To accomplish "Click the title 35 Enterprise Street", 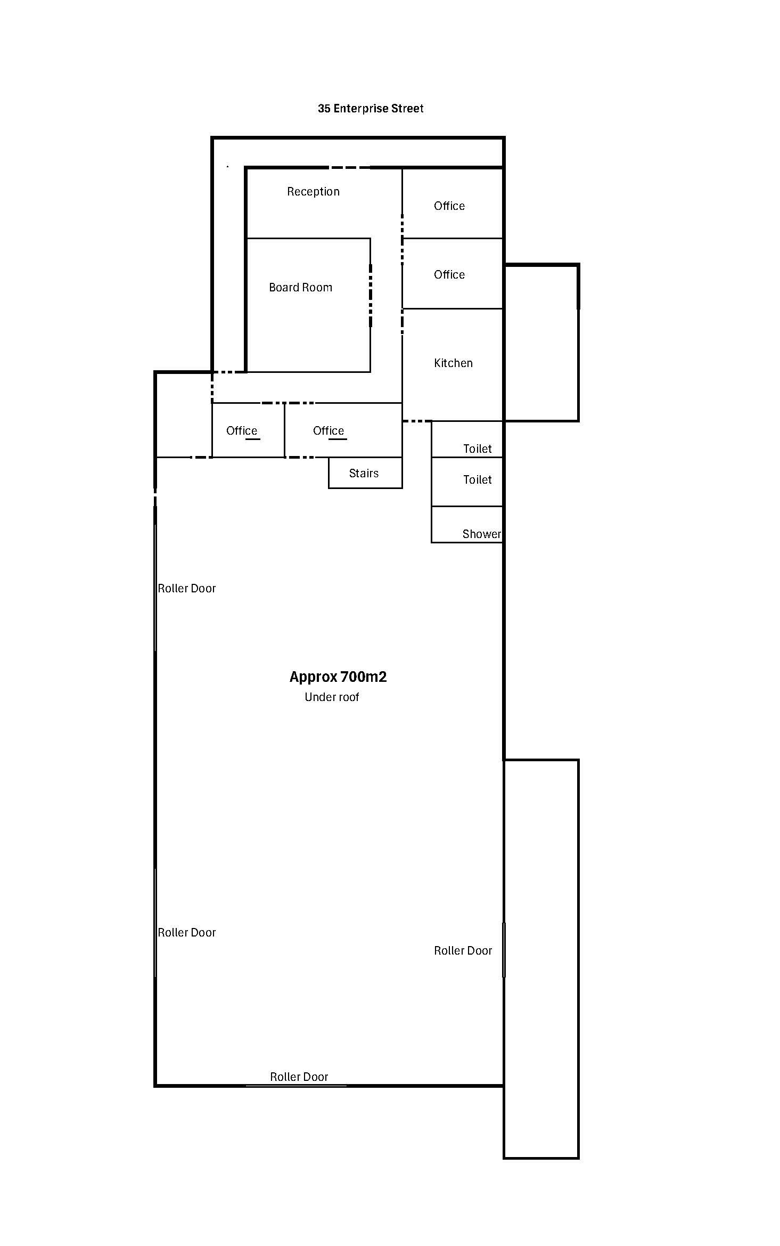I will (x=371, y=109).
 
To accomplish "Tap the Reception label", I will (x=313, y=192).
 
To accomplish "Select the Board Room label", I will (x=300, y=288).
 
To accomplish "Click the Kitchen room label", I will (x=453, y=363).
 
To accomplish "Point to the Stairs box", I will (x=365, y=473).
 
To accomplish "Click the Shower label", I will (x=481, y=534).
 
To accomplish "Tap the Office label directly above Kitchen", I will (x=449, y=275).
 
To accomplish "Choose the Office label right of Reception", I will (x=449, y=206).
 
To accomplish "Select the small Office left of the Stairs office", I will (x=242, y=431).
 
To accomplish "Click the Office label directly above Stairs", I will (x=329, y=431).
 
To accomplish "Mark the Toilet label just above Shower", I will (x=478, y=480).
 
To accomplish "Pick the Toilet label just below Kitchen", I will (x=478, y=449).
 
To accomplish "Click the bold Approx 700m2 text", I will (x=338, y=677).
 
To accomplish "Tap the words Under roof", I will (x=332, y=697).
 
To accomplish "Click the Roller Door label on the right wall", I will (x=463, y=951).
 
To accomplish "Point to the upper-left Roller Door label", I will (x=187, y=589).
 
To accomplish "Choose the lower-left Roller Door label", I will (x=187, y=933).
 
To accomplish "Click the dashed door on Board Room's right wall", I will (x=371, y=295).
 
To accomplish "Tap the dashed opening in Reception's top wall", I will (x=350, y=168).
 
